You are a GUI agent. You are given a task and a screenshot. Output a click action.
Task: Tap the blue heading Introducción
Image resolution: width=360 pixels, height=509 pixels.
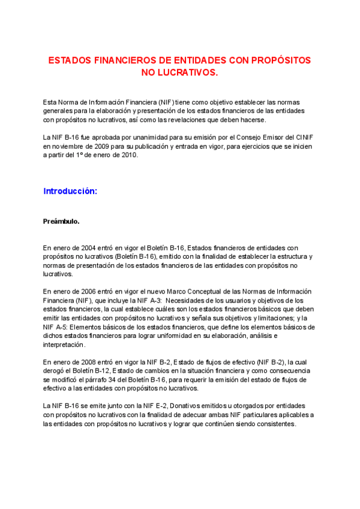pos(70,191)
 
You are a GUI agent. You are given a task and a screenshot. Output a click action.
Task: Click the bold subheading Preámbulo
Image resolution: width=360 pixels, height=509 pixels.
pos(61,221)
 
